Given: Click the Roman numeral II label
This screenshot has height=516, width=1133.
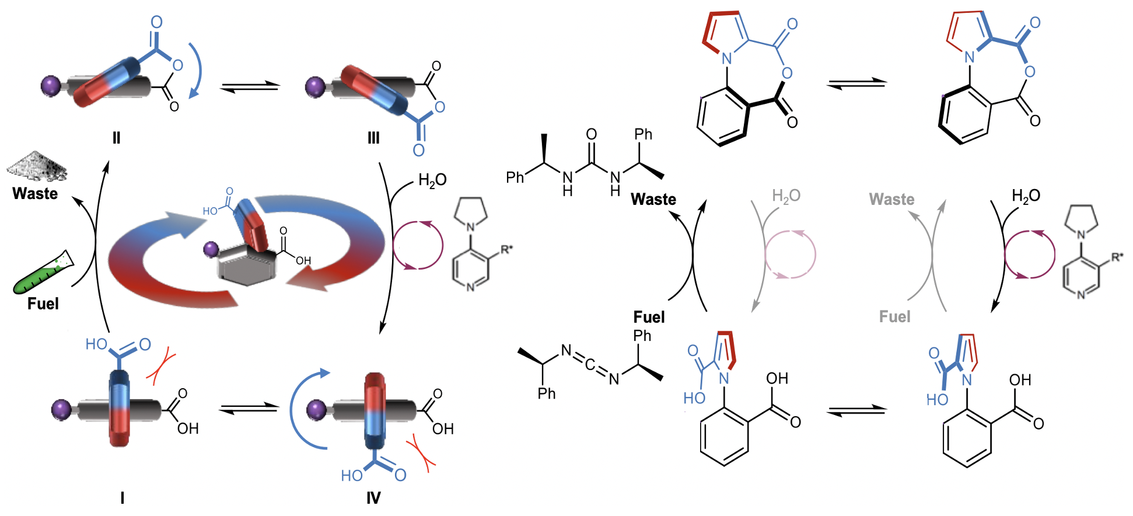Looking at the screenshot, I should coord(116,138).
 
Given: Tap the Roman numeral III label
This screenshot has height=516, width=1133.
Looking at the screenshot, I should coord(373,138).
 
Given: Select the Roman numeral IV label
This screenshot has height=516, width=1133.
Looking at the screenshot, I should coord(373,497).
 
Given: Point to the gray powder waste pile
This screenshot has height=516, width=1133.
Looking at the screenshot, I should coord(37,166).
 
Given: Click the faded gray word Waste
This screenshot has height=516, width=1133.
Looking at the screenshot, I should coord(891,200).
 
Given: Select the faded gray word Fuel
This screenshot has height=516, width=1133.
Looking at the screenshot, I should coord(894,317).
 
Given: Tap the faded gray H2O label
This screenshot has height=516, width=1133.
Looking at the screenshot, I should coord(786,196).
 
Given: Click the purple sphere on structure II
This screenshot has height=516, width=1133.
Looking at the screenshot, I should coord(51,86).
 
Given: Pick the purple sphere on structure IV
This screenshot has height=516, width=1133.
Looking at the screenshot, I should coord(317,409).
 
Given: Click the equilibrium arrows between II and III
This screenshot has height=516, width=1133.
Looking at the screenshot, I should coord(250,87).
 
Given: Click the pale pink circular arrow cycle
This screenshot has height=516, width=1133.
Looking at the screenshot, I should coord(790,254).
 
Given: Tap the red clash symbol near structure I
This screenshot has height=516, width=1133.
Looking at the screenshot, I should coord(161,366).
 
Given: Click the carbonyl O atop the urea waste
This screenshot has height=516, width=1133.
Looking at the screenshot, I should coord(592,134).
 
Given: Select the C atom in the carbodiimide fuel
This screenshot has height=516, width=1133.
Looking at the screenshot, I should coord(590,365).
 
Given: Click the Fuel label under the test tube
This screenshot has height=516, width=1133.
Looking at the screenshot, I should coord(43,304).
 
